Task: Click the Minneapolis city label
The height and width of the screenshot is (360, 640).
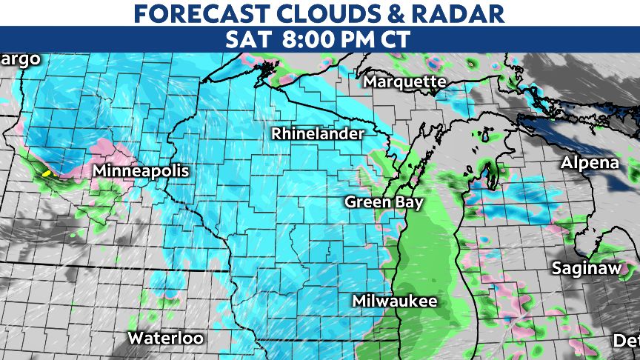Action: [141, 171]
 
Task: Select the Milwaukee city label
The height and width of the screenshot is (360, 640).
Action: [394, 301]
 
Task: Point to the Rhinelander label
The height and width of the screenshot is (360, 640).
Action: [318, 134]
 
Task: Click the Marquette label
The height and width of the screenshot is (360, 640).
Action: [405, 81]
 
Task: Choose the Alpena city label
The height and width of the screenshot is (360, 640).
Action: [590, 163]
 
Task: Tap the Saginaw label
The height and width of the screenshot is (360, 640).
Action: [586, 268]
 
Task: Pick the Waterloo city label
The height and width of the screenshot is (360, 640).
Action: [165, 339]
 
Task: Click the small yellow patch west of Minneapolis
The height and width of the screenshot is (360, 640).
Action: [46, 173]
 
